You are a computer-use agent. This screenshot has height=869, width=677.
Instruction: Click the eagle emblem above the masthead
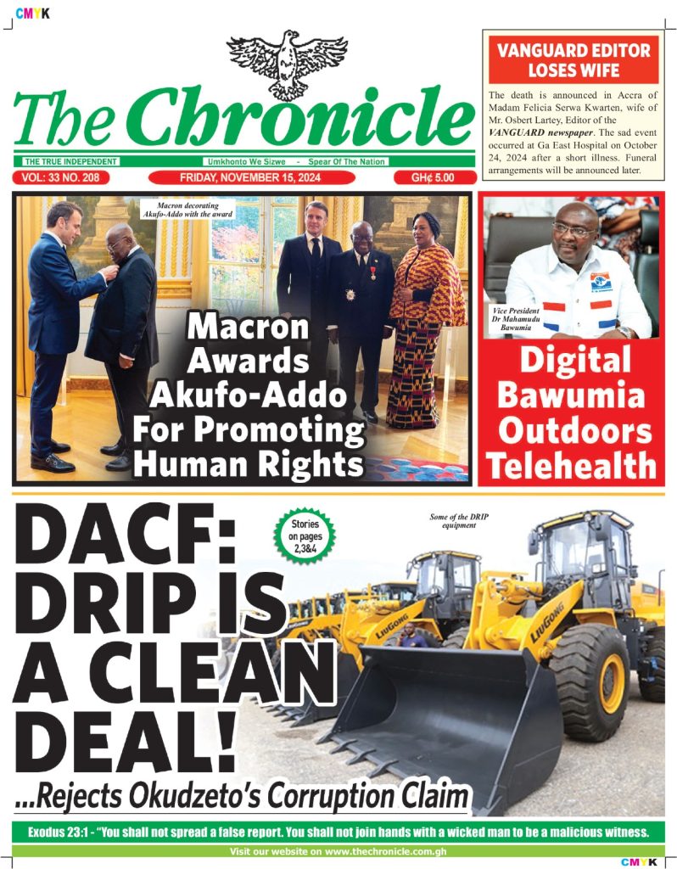click(x=288, y=63)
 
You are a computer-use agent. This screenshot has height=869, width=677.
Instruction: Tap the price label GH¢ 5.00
click(x=433, y=178)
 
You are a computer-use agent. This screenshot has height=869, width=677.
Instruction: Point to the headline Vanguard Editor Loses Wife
click(x=573, y=59)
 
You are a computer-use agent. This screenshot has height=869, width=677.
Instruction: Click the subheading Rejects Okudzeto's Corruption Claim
click(x=242, y=798)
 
